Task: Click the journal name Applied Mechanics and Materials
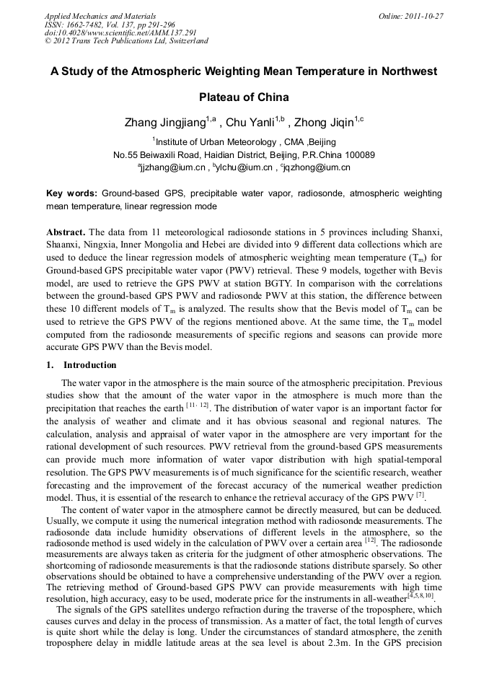pos(100,15)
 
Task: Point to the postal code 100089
pos(358,154)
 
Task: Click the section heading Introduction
pos(89,365)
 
